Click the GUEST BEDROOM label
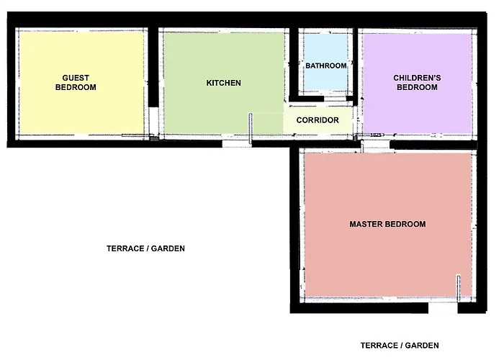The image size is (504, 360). (76, 83)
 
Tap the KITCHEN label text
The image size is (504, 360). (223, 83)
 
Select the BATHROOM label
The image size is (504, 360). (326, 66)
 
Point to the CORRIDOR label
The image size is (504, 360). (318, 120)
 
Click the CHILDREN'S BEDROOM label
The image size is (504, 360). (417, 83)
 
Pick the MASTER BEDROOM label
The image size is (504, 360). (387, 224)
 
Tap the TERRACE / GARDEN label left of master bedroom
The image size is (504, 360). (145, 248)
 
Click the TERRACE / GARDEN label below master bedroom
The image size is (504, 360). (400, 346)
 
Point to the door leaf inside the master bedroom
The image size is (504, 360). (459, 288)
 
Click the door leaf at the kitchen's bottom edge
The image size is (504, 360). (251, 128)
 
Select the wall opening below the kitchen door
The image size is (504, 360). (237, 144)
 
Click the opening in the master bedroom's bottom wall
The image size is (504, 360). (443, 308)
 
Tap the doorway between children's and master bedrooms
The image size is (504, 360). (375, 145)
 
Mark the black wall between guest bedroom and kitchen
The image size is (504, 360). (153, 67)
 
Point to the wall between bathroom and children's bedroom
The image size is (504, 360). (356, 66)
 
